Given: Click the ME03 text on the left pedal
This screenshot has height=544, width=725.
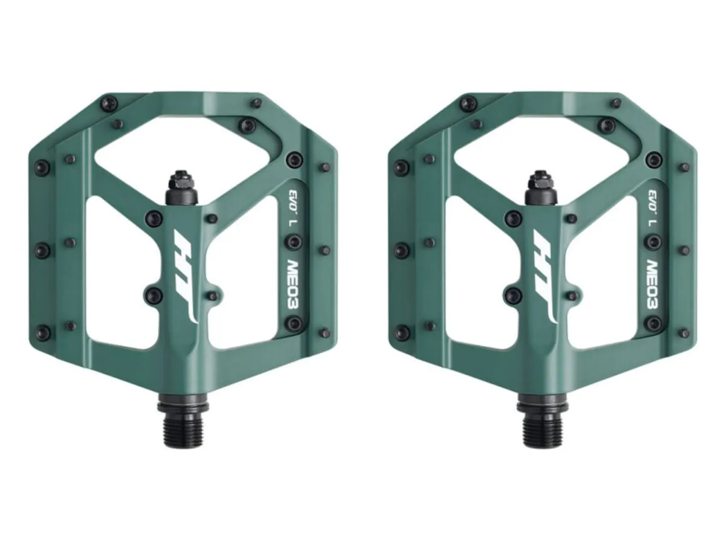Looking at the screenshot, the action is (292, 284).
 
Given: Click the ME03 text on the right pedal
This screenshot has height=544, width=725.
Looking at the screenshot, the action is (652, 284).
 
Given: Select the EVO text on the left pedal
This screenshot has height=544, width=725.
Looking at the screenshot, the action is (293, 198).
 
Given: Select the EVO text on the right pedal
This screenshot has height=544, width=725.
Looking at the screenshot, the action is (652, 198).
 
